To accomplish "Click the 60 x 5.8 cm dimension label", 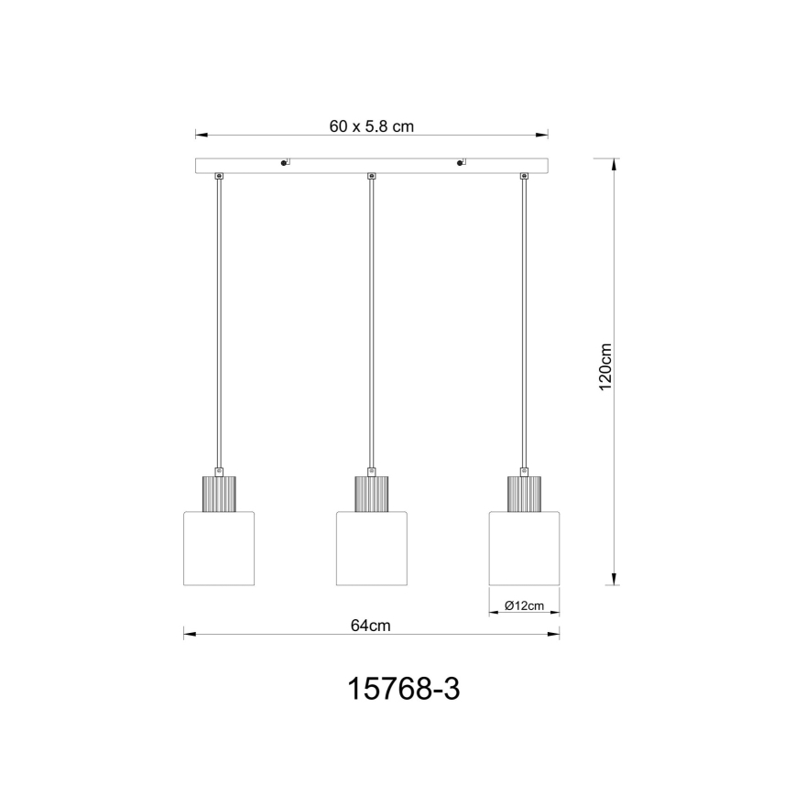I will pyautogui.click(x=372, y=127).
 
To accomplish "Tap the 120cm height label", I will pyautogui.click(x=604, y=369).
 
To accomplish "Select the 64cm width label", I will pyautogui.click(x=371, y=626).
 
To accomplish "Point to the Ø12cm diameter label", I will pyautogui.click(x=525, y=605).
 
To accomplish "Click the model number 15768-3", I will pyautogui.click(x=403, y=689).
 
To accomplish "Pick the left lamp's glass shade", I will pyautogui.click(x=219, y=549).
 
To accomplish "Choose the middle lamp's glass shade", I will pyautogui.click(x=371, y=549).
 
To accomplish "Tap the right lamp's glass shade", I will pyautogui.click(x=524, y=549).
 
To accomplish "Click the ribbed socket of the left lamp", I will pyautogui.click(x=219, y=495).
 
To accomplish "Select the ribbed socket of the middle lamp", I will pyautogui.click(x=371, y=495).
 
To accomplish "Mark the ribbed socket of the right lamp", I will pyautogui.click(x=524, y=495).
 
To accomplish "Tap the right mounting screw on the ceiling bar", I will pyautogui.click(x=460, y=164).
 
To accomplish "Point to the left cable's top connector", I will pyautogui.click(x=219, y=176).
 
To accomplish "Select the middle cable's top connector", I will pyautogui.click(x=371, y=176).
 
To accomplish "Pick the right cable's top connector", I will pyautogui.click(x=524, y=176).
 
